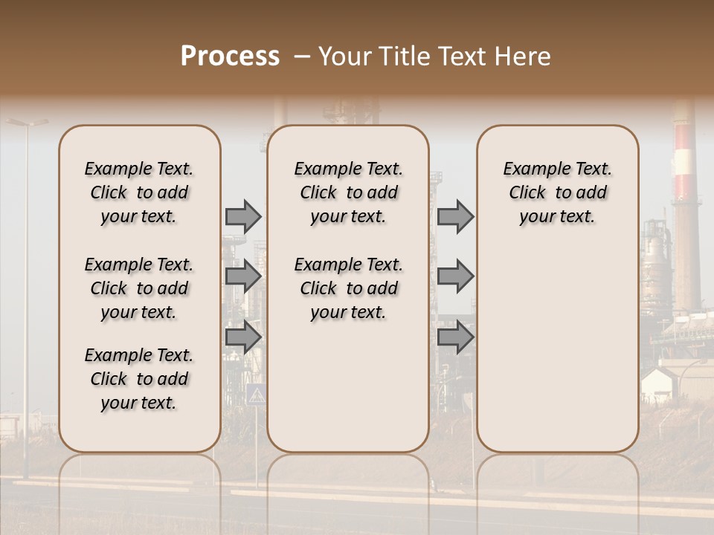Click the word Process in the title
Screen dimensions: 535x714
point(230,57)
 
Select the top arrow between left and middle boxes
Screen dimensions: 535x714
point(243,216)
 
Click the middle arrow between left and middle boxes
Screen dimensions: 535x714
point(243,276)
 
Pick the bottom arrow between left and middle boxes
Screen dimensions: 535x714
point(243,337)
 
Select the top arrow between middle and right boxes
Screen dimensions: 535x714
point(455,216)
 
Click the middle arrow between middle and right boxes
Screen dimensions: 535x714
point(455,276)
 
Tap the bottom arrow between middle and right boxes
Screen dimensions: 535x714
point(455,337)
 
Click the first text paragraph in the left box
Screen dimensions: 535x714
point(139,192)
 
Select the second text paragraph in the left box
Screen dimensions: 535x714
point(139,288)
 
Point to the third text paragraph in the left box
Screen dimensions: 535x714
point(139,379)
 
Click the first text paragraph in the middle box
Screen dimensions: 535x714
point(348,192)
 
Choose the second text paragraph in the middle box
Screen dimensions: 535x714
point(348,288)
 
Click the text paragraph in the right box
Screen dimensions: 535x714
point(557,192)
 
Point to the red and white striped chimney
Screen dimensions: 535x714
point(684,171)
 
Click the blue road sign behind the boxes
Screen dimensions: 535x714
point(255,394)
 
